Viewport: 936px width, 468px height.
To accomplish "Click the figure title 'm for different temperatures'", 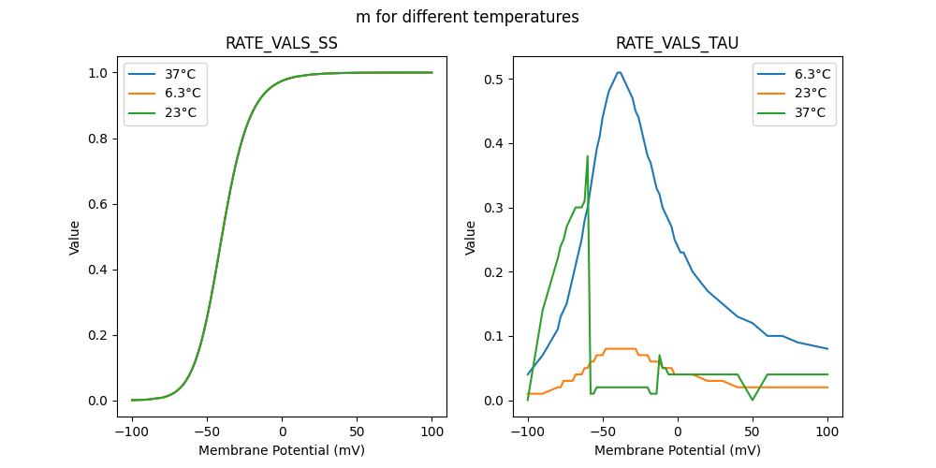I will click(467, 17).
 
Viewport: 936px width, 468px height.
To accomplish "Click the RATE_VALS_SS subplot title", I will click(282, 44).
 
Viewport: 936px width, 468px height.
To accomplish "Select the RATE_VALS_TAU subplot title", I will click(677, 44).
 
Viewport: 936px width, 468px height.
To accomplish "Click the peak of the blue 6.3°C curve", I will click(619, 72).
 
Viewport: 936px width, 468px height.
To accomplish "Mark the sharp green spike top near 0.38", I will click(588, 156).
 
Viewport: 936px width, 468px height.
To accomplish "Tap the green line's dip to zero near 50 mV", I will click(753, 401).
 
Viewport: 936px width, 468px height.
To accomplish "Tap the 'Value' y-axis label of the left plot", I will click(75, 238).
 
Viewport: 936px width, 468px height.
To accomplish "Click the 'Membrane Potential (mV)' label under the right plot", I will click(677, 450).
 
